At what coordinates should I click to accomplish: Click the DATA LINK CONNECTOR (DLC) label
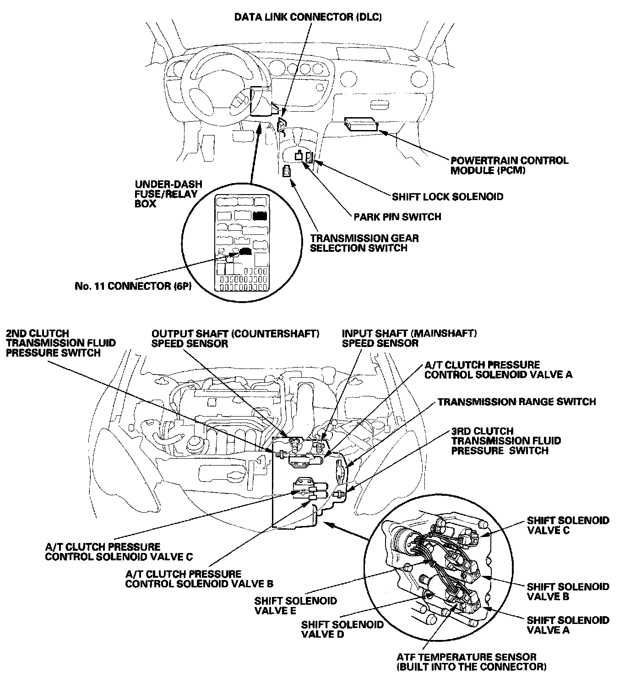tap(308, 17)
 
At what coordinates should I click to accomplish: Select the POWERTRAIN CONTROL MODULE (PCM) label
tap(509, 166)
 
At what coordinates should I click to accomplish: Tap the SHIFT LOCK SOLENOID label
tap(447, 197)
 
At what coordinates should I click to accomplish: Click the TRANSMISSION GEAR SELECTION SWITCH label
tap(364, 243)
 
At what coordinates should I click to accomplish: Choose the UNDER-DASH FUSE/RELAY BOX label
tap(168, 194)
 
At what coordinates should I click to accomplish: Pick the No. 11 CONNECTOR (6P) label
tap(133, 286)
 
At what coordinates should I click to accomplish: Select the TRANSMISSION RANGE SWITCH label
tap(516, 402)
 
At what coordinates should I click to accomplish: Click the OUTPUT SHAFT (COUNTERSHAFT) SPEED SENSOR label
tap(235, 338)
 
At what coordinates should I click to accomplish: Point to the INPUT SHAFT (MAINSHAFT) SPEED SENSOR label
tap(409, 338)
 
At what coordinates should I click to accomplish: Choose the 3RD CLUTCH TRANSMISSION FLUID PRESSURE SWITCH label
tap(506, 441)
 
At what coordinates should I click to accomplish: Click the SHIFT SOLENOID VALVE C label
tap(568, 526)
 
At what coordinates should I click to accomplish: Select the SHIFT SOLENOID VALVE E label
tap(295, 606)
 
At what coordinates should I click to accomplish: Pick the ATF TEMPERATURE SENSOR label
tap(472, 662)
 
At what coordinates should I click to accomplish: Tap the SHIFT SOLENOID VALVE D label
tap(342, 629)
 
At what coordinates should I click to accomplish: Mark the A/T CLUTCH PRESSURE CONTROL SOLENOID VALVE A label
tap(498, 370)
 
